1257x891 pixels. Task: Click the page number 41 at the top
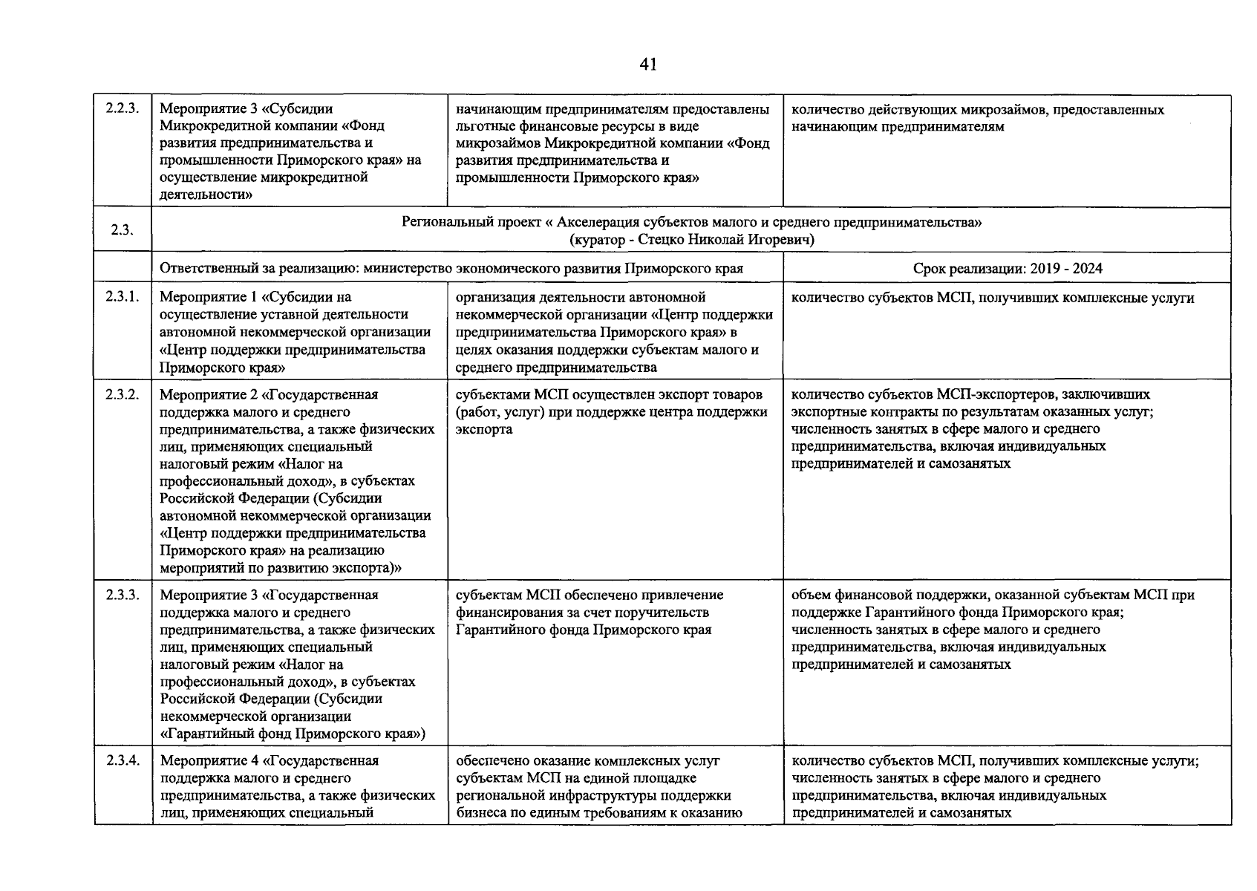pos(647,65)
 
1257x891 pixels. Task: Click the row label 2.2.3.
pos(123,109)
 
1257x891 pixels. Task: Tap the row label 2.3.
pos(122,230)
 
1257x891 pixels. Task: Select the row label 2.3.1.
pos(123,298)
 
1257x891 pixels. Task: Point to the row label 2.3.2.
pos(123,394)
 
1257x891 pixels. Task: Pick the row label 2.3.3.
pos(123,595)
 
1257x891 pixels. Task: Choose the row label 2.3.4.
pos(123,760)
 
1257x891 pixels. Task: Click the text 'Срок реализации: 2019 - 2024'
pos(1007,268)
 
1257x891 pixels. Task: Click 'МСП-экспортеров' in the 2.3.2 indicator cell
pos(993,394)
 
